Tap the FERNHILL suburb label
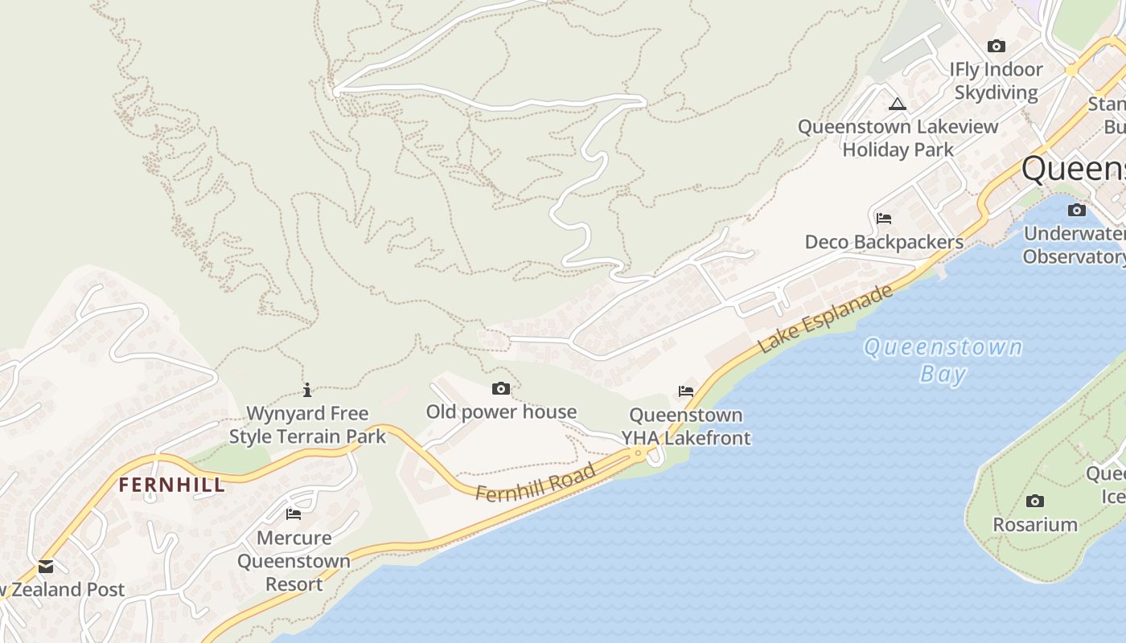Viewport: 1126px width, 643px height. coord(171,485)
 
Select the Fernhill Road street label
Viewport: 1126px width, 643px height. coord(535,482)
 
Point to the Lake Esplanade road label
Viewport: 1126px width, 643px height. coord(826,318)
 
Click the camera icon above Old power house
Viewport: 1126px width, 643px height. coord(500,389)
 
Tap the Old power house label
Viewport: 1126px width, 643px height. coord(501,412)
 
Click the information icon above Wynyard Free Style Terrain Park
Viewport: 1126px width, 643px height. coord(307,391)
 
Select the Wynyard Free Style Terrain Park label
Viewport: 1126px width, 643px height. coord(307,425)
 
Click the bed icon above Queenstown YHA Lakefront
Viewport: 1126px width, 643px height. coord(685,391)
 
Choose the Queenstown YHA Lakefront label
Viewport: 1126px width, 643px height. coord(686,427)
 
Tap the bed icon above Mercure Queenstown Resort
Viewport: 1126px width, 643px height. coord(294,514)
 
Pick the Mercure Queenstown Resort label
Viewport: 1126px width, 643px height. coord(294,561)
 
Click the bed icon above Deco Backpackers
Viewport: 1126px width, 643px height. coord(884,219)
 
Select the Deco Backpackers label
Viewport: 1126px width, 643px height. coord(884,242)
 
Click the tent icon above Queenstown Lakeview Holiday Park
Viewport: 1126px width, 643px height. coord(898,104)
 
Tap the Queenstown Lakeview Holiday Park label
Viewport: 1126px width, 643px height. coord(898,138)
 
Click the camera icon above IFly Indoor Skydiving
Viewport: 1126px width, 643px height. coord(997,47)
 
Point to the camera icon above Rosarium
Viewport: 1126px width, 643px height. coord(1035,502)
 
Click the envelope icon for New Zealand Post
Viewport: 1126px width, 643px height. coord(46,567)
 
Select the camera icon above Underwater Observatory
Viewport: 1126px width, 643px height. coord(1076,211)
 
